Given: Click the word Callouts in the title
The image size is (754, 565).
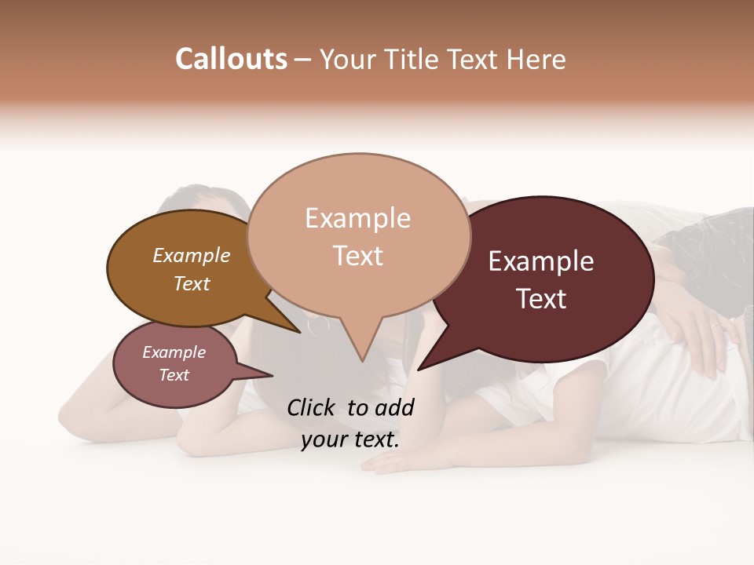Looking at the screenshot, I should point(231,59).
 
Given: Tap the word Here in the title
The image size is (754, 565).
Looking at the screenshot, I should point(535,59).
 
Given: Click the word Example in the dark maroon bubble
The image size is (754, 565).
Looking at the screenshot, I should point(541,261).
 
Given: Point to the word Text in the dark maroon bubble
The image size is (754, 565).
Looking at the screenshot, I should point(541,299).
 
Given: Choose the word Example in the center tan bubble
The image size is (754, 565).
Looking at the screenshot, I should point(357,218).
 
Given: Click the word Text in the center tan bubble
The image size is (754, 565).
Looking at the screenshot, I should point(357,256).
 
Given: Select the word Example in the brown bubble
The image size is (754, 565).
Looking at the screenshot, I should point(192,255).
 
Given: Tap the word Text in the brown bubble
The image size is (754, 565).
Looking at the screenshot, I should point(192,283).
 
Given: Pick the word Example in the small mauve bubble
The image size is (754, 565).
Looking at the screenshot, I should point(174,352).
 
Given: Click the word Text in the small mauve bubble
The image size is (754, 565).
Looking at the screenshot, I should point(174,375).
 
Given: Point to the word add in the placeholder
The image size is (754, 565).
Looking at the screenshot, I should point(395,407).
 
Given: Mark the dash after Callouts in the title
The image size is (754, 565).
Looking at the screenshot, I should point(303,59).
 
